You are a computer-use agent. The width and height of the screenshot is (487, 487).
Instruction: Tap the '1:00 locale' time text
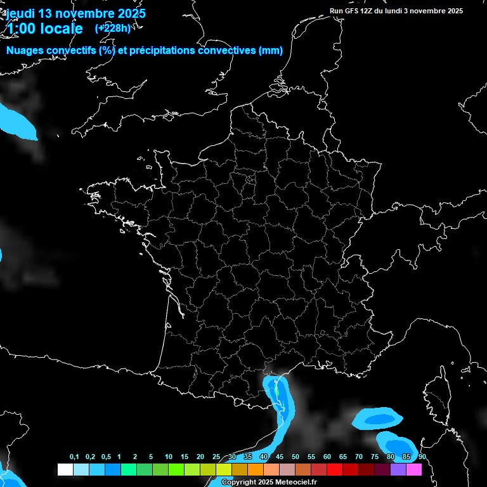[x=44, y=29]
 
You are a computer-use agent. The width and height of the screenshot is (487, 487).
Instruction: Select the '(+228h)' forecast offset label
[x=112, y=28]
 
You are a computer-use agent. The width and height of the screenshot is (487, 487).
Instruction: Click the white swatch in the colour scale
[x=65, y=469]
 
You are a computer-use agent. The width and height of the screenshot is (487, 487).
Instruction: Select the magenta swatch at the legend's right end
[x=414, y=469]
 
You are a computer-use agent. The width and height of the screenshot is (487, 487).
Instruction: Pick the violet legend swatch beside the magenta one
[x=398, y=469]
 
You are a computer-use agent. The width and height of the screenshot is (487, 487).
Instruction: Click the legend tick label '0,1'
[x=74, y=457]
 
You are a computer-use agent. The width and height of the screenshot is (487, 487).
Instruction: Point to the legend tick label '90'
[x=422, y=457]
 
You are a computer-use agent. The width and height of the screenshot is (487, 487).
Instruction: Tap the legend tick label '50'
[x=295, y=457]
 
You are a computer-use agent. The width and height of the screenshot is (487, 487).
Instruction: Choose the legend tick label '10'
[x=168, y=457]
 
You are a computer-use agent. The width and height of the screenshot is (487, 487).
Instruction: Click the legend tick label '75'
[x=375, y=457]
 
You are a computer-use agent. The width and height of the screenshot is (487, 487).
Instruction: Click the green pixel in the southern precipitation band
[x=276, y=391]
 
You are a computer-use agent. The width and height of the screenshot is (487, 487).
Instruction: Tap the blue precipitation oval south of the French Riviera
[x=379, y=419]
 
